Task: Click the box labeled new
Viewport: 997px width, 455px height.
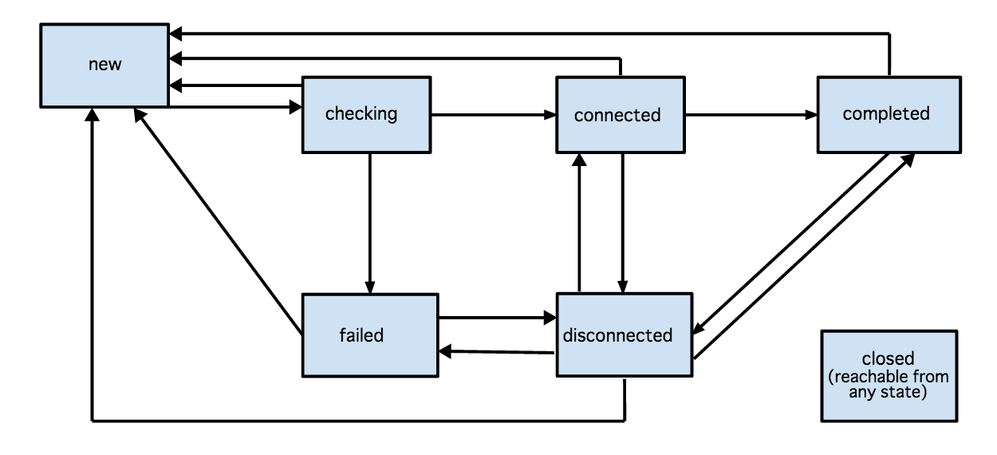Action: (104, 65)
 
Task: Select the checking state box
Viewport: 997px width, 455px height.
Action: (365, 114)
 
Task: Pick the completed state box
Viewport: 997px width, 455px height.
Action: (886, 114)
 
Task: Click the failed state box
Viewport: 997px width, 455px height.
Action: (368, 334)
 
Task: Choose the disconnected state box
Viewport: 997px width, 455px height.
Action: (624, 334)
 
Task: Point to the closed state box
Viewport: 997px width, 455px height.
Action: (888, 375)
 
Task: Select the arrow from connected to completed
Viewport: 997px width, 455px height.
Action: (750, 115)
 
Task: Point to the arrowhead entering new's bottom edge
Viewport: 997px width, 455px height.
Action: (93, 114)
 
